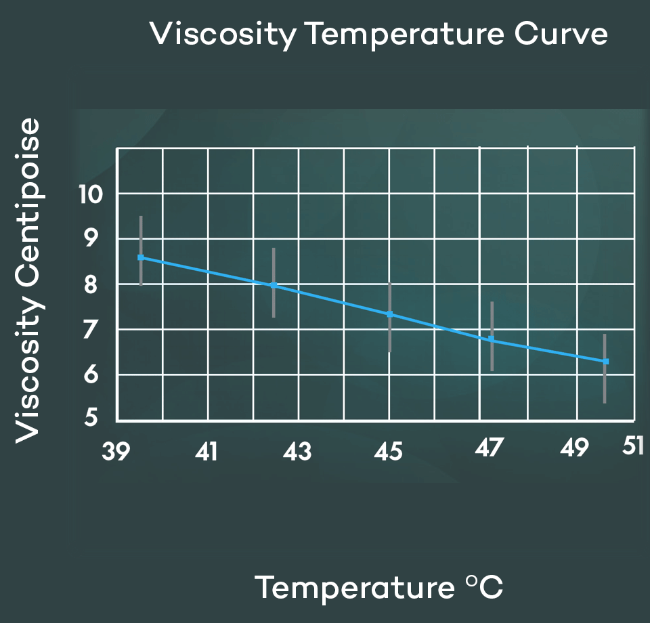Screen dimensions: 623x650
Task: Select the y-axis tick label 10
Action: (x=90, y=195)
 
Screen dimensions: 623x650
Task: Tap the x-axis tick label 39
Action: (x=115, y=452)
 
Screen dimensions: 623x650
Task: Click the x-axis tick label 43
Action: (x=297, y=452)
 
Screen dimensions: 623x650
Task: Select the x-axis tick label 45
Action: (x=389, y=452)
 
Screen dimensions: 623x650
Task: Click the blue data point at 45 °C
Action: (x=389, y=314)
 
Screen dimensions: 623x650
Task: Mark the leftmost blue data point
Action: (x=141, y=257)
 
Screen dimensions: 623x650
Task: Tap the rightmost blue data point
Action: (x=606, y=362)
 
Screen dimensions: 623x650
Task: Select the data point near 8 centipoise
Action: (x=274, y=286)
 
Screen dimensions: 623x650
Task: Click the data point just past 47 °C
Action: (x=492, y=339)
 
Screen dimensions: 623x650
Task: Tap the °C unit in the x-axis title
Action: (x=485, y=587)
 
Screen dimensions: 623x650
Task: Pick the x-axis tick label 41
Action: (x=206, y=452)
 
